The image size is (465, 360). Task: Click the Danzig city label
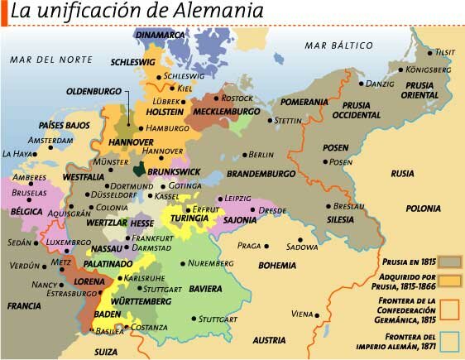[x=380, y=84]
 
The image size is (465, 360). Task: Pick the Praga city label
[x=249, y=246]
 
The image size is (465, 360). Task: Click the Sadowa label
[x=301, y=246]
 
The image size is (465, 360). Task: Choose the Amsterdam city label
[x=50, y=140]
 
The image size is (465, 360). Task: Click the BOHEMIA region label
[x=276, y=266]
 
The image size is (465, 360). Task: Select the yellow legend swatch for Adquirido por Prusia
[x=449, y=281]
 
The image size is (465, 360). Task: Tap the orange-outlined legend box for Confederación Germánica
[x=449, y=309]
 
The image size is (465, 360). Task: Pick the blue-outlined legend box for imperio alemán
[x=449, y=340]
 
